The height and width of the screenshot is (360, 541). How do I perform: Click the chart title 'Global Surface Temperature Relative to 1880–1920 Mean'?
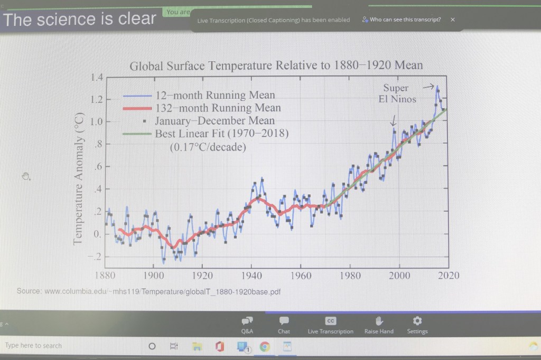[276, 66]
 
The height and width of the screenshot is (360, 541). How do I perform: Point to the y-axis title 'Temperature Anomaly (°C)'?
[79, 178]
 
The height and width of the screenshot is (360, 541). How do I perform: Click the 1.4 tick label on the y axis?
[96, 78]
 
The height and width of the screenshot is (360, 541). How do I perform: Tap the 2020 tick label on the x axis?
[449, 275]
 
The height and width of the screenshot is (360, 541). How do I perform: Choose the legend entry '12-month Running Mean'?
[214, 96]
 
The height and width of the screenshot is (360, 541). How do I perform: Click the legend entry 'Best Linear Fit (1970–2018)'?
[221, 134]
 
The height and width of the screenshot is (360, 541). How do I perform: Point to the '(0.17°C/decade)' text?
[208, 147]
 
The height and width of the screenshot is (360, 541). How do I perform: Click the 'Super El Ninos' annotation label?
[397, 93]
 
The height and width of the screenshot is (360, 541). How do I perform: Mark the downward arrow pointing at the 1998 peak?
[393, 121]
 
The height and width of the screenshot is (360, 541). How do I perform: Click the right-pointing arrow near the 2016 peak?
[428, 86]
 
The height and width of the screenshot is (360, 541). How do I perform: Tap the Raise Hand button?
[379, 325]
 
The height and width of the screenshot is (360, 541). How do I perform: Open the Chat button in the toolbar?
[284, 325]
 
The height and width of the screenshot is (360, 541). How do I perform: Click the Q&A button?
[247, 325]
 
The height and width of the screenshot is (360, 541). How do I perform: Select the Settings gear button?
[417, 325]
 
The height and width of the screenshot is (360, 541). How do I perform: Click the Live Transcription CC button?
[330, 325]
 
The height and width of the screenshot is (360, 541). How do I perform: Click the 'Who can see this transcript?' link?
[405, 20]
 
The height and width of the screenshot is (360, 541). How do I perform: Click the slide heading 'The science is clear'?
[80, 20]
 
